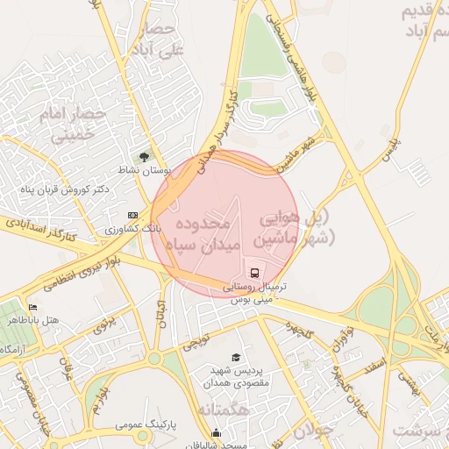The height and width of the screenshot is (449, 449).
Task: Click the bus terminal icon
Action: point(254,273)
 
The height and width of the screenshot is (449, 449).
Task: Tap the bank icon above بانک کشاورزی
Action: point(132,215)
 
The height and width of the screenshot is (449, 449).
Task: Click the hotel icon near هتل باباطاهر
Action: point(33,308)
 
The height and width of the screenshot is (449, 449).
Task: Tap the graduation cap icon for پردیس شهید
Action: point(235,357)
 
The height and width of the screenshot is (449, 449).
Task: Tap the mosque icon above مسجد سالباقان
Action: point(216,431)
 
